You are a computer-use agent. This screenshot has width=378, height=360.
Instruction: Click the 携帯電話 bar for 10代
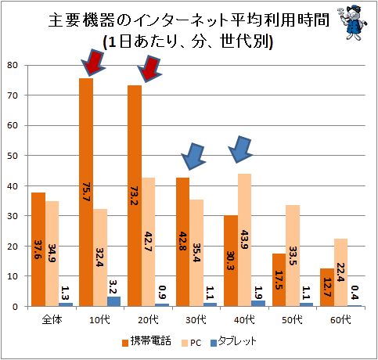click(x=86, y=193)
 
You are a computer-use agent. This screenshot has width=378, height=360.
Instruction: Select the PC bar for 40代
click(x=245, y=240)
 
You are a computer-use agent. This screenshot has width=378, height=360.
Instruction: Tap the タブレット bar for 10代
click(x=113, y=301)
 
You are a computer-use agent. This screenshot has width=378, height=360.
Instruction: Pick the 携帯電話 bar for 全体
click(x=38, y=250)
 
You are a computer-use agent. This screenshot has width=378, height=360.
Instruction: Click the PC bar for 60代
click(x=340, y=272)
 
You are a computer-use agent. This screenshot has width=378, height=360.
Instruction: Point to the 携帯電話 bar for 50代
click(x=279, y=280)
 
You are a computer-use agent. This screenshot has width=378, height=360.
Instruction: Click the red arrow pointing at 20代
click(x=149, y=69)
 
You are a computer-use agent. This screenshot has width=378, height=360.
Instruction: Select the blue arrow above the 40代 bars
click(x=240, y=149)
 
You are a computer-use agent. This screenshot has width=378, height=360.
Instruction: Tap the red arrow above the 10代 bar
click(x=93, y=63)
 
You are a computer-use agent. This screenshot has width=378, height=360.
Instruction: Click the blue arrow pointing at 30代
click(x=193, y=157)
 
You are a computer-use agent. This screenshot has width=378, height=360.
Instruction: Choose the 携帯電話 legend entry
click(x=146, y=342)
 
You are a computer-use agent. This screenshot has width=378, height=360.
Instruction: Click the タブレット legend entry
click(x=233, y=342)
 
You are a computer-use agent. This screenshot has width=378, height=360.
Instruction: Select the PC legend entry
click(x=192, y=343)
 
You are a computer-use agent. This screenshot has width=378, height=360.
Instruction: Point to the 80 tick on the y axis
click(x=13, y=65)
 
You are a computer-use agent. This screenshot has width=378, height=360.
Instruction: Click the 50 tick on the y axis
click(x=13, y=156)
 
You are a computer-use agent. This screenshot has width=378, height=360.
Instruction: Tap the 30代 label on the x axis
click(x=196, y=319)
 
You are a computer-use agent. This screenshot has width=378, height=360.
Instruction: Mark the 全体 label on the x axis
click(x=52, y=319)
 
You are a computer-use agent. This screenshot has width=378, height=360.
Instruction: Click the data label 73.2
click(x=135, y=196)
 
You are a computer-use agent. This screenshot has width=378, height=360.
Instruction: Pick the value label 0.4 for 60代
click(x=355, y=293)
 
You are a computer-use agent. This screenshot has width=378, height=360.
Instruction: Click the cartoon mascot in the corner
click(x=352, y=23)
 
